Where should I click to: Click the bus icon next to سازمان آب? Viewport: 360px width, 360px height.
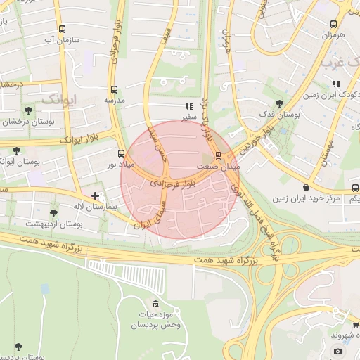point(63,30)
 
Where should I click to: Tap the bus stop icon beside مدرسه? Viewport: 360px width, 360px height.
point(114,89)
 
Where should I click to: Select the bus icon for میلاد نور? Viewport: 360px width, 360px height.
point(121,153)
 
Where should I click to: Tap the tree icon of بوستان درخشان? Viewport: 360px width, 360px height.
point(28,110)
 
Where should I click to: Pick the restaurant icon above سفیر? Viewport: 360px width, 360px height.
point(188,107)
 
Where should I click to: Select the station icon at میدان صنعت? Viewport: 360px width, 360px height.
point(218,155)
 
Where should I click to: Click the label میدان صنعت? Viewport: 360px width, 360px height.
point(226,167)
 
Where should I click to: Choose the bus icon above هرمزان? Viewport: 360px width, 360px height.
point(334,24)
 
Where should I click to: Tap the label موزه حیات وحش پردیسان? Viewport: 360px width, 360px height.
point(156,320)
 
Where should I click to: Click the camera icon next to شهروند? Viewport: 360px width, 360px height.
point(338,351)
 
